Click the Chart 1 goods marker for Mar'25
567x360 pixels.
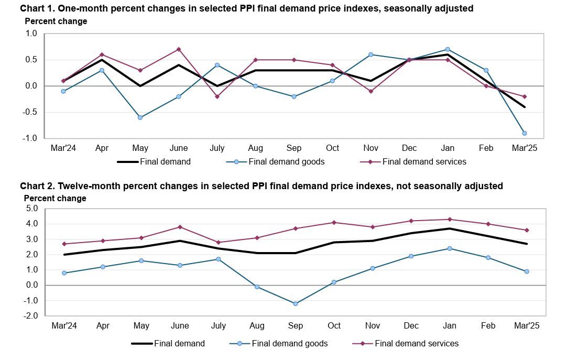tap(525, 133)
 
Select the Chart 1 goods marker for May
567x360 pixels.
tap(140, 117)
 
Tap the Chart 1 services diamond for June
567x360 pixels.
tap(179, 49)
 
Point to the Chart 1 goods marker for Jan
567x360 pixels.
tap(448, 49)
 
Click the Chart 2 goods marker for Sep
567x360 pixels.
tap(296, 303)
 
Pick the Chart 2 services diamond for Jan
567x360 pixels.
tap(450, 219)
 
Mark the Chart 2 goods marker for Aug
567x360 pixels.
tap(257, 287)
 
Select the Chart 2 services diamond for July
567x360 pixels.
tap(219, 242)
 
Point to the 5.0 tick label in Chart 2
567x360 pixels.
tap(32, 209)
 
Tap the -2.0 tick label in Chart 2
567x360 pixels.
tap(31, 316)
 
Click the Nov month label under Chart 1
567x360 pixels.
tap(371, 148)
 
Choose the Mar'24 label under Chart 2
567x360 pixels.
tap(64, 326)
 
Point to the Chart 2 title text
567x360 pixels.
tap(261, 186)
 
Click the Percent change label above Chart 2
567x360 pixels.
tap(55, 199)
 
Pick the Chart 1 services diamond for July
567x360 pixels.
tap(217, 96)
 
